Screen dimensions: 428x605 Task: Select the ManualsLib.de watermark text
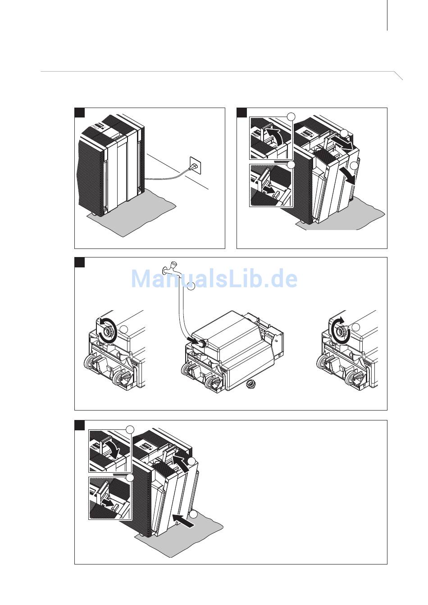point(214,279)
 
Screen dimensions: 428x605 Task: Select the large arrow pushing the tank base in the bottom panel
point(185,521)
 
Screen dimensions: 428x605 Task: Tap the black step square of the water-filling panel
point(80,262)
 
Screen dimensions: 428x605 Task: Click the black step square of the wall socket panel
point(80,113)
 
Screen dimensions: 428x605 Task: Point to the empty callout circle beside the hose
point(191,286)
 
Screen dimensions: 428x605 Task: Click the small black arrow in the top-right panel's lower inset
point(269,190)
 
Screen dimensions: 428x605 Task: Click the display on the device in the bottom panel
point(148,447)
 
